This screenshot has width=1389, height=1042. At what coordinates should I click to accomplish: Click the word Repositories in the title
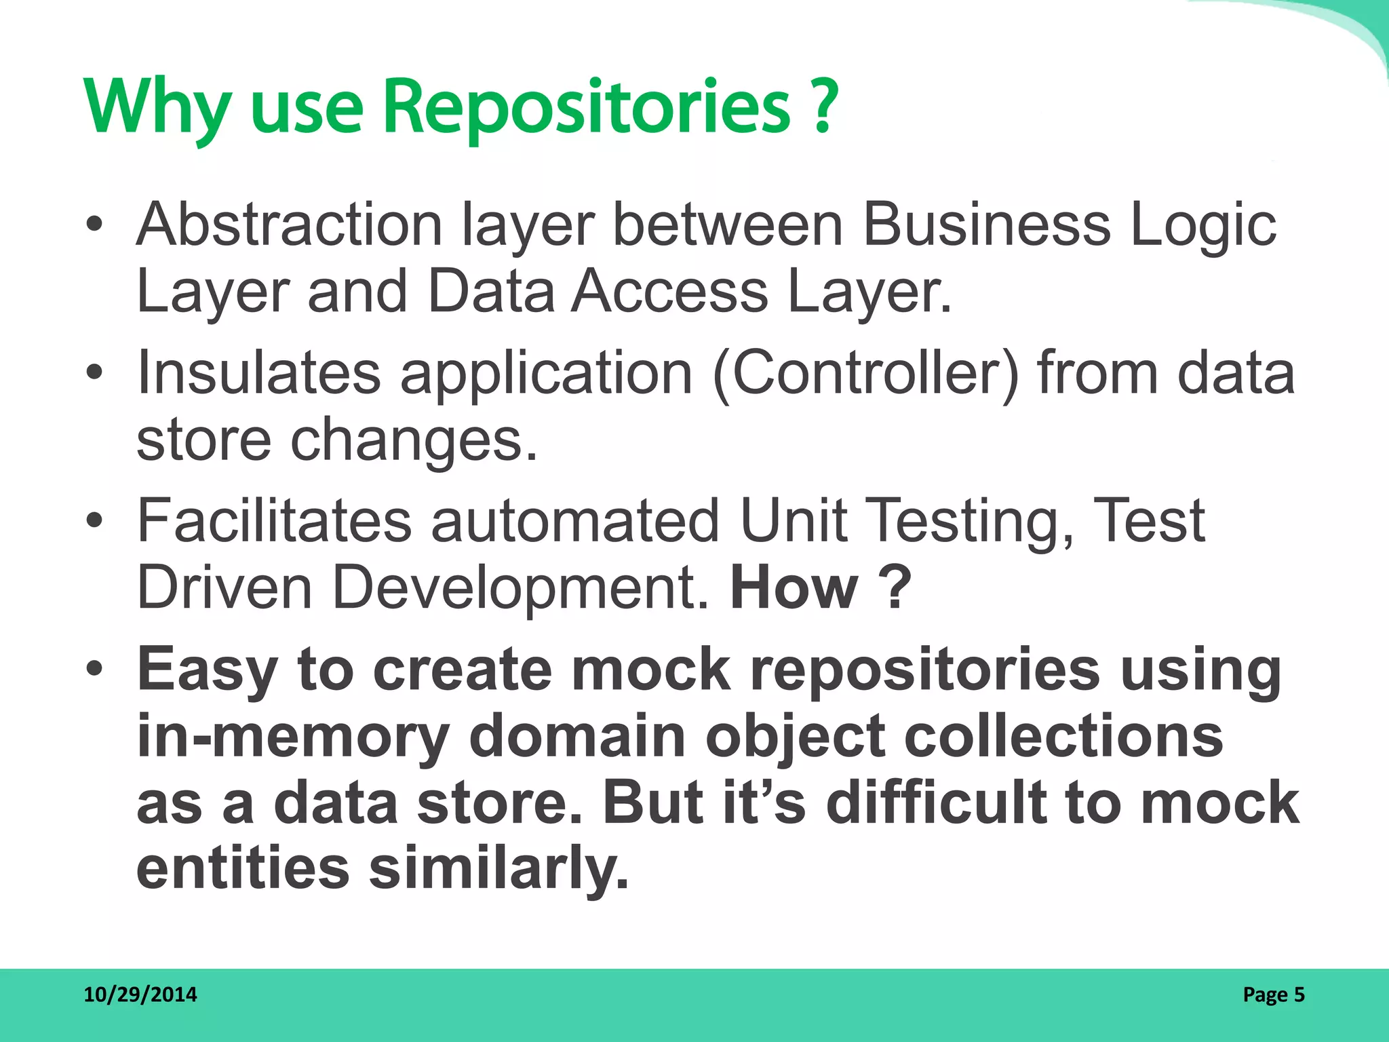click(587, 107)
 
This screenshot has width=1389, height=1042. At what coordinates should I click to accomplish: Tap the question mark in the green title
click(823, 107)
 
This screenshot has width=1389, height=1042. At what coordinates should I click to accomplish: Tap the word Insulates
click(258, 372)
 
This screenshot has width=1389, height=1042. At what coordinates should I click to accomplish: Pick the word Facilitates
click(274, 520)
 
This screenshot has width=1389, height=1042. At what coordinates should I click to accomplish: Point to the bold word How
click(794, 587)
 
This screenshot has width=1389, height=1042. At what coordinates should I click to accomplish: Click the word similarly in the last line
click(499, 869)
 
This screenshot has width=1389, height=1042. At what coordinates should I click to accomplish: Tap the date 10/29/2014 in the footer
click(140, 995)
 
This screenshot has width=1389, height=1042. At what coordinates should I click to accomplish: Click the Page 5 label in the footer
click(1273, 995)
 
